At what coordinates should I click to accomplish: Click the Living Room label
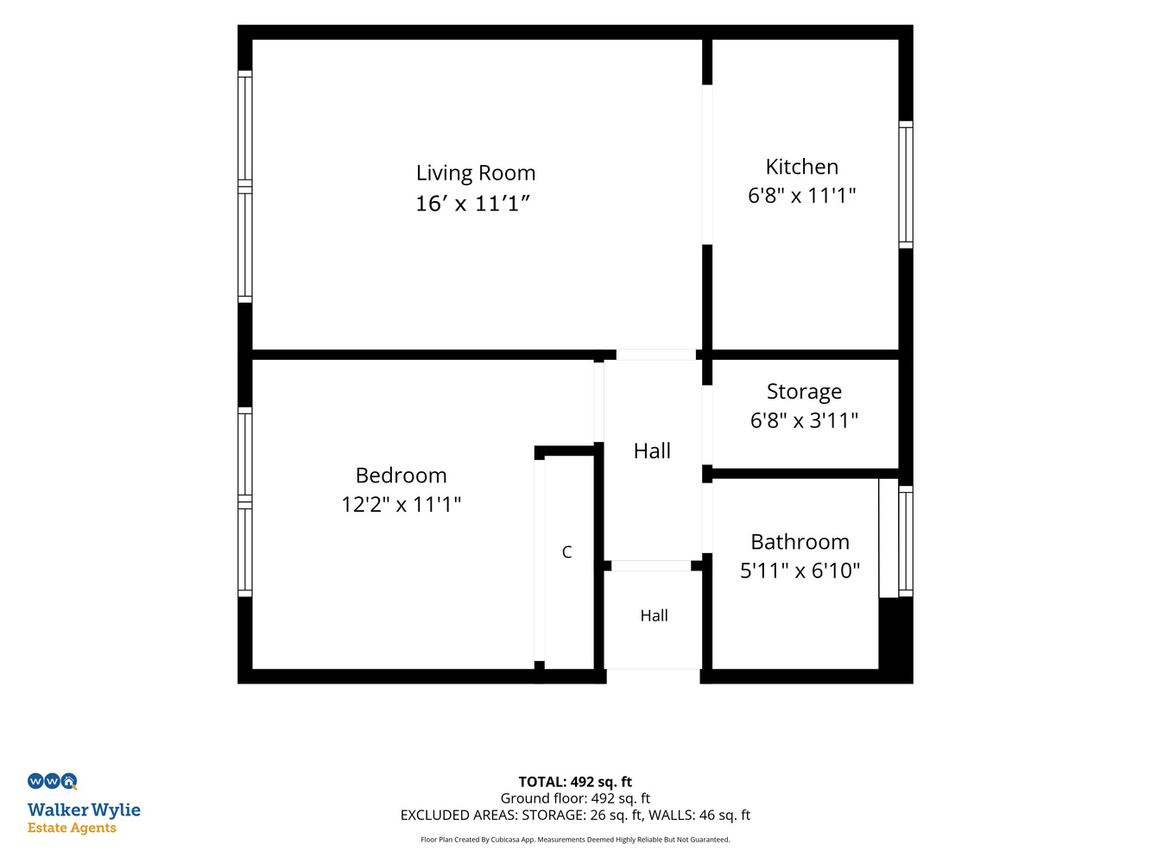476,173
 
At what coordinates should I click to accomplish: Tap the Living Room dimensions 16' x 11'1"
473,204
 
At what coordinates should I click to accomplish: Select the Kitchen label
802,167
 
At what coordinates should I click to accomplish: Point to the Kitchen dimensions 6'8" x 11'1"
802,195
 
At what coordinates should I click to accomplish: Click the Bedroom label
402,476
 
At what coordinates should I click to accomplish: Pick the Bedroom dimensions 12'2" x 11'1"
402,504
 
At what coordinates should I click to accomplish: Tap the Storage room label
804,392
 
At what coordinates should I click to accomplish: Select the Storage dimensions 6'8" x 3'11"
804,420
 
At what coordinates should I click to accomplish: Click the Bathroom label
800,541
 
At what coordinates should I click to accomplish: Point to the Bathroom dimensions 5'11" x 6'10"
800,570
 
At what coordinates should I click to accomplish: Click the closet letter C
566,551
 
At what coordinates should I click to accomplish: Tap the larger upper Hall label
652,450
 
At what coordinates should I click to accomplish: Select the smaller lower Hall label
654,615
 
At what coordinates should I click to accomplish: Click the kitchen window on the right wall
906,185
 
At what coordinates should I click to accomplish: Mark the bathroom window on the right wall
906,541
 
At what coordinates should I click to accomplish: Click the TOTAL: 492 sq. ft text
575,781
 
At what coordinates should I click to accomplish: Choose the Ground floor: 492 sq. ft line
575,798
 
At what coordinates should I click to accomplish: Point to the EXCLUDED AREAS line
575,815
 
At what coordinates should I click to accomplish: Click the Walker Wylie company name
84,810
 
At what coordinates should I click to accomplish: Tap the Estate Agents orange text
72,828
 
